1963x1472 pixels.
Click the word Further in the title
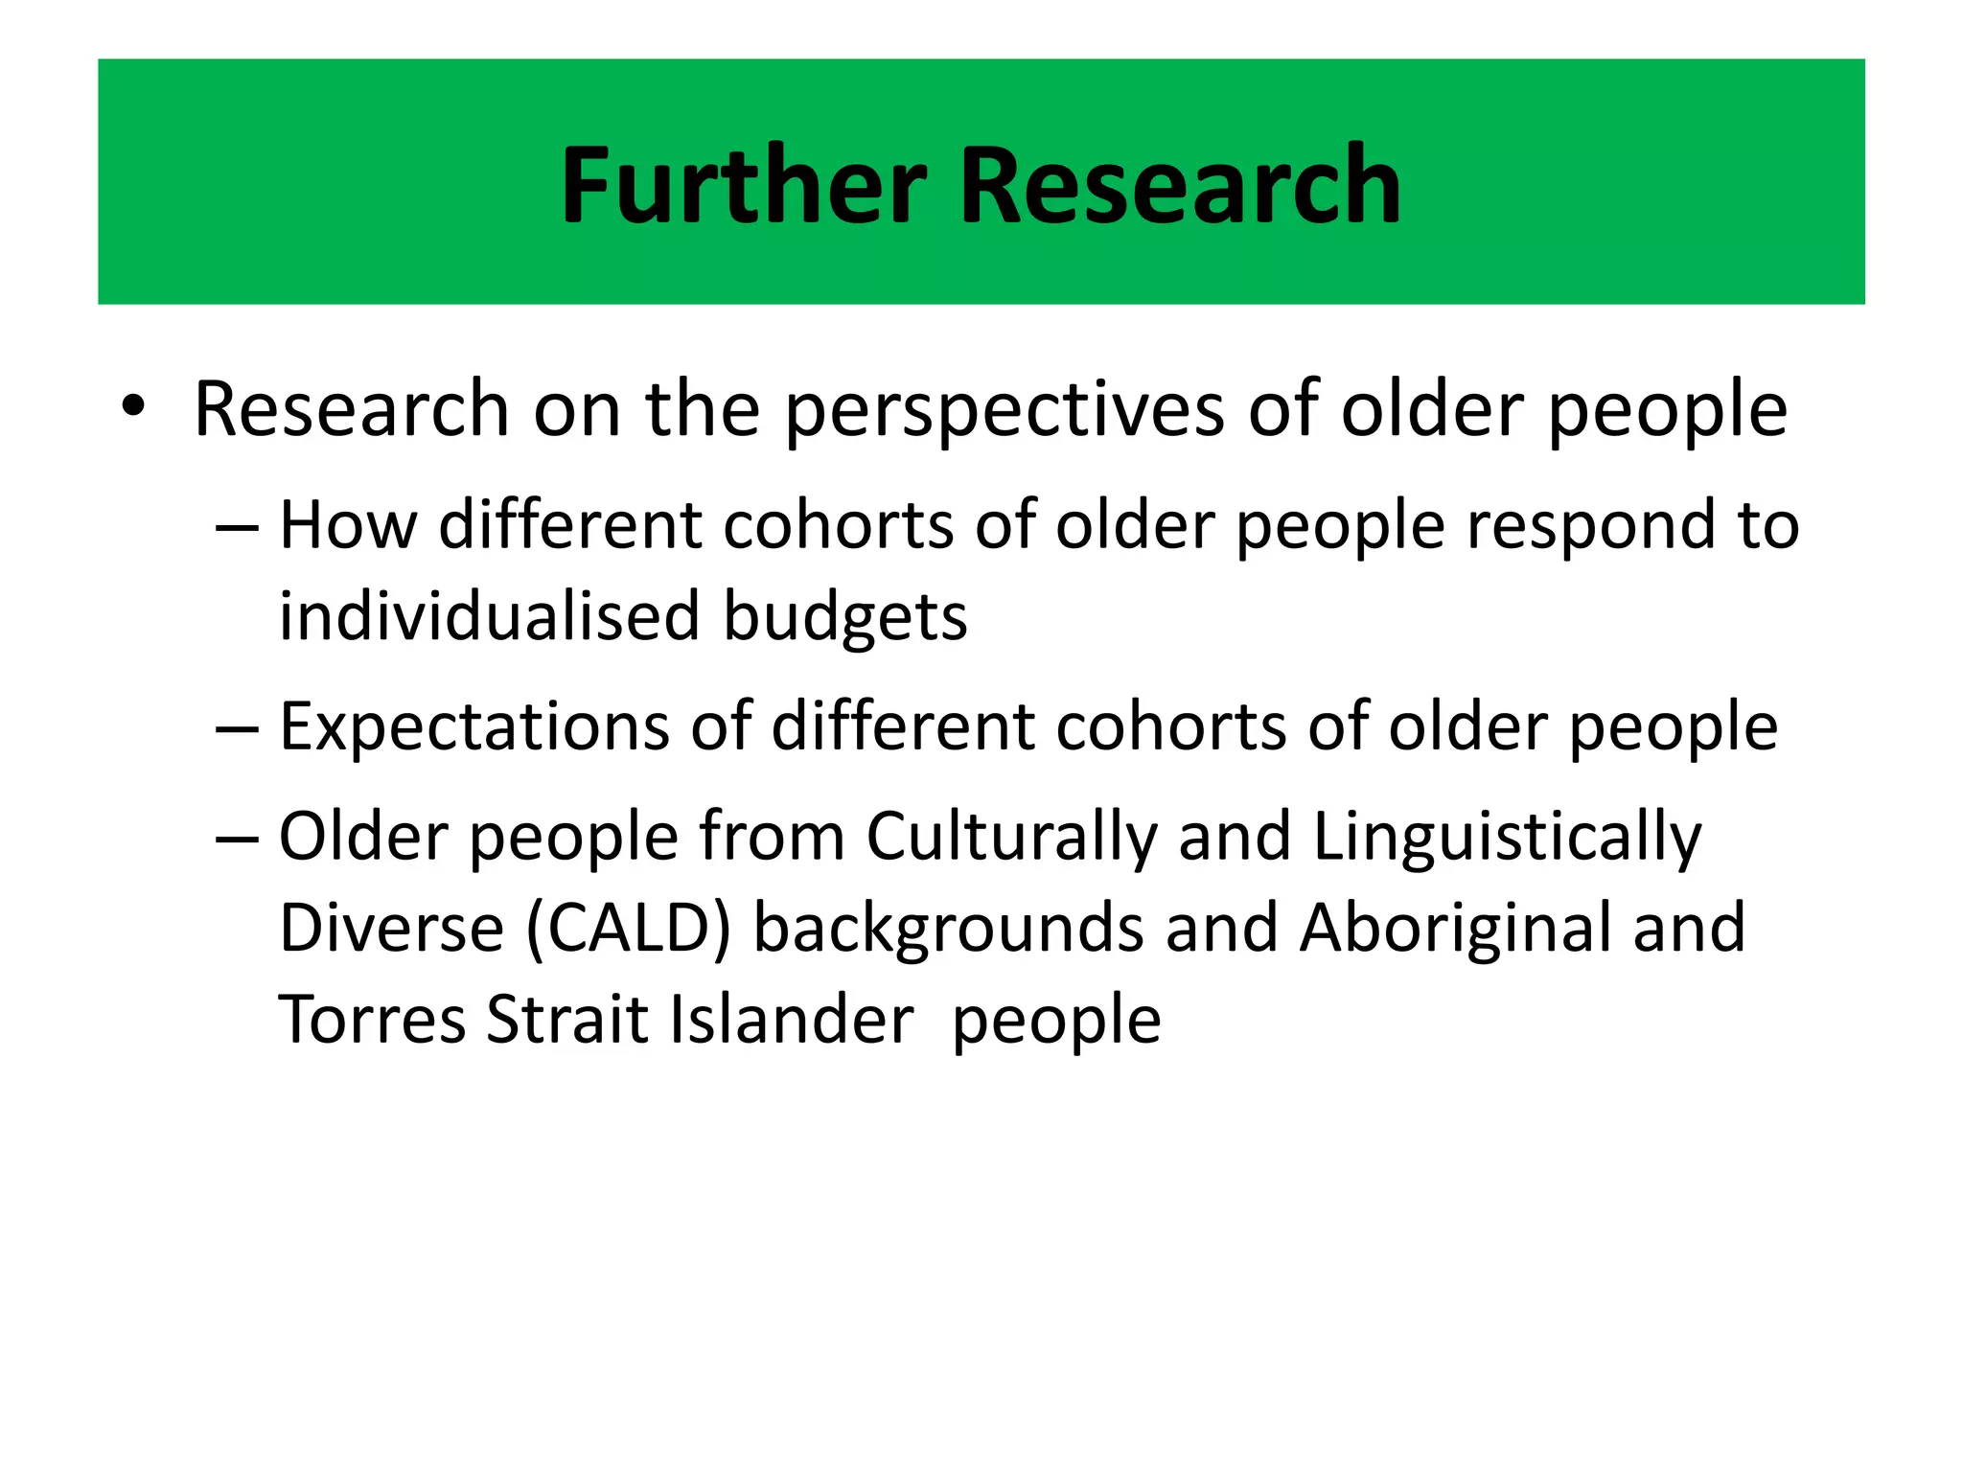pos(744,185)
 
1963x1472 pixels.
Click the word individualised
pos(489,616)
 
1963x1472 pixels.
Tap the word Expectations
pos(473,728)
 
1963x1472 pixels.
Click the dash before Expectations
pos(237,728)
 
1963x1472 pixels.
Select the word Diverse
pos(391,928)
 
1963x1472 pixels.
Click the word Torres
pos(372,1019)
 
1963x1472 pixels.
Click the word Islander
pos(791,1019)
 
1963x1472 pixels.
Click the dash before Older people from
pos(237,837)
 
